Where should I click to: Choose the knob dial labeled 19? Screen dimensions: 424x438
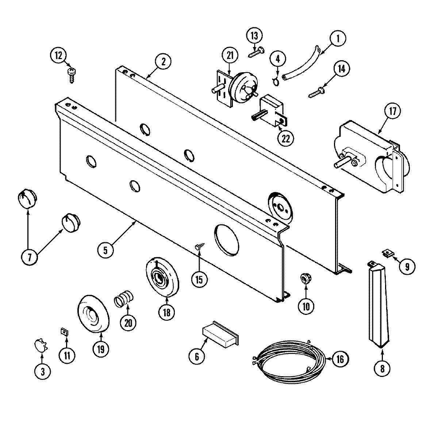[94, 314]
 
